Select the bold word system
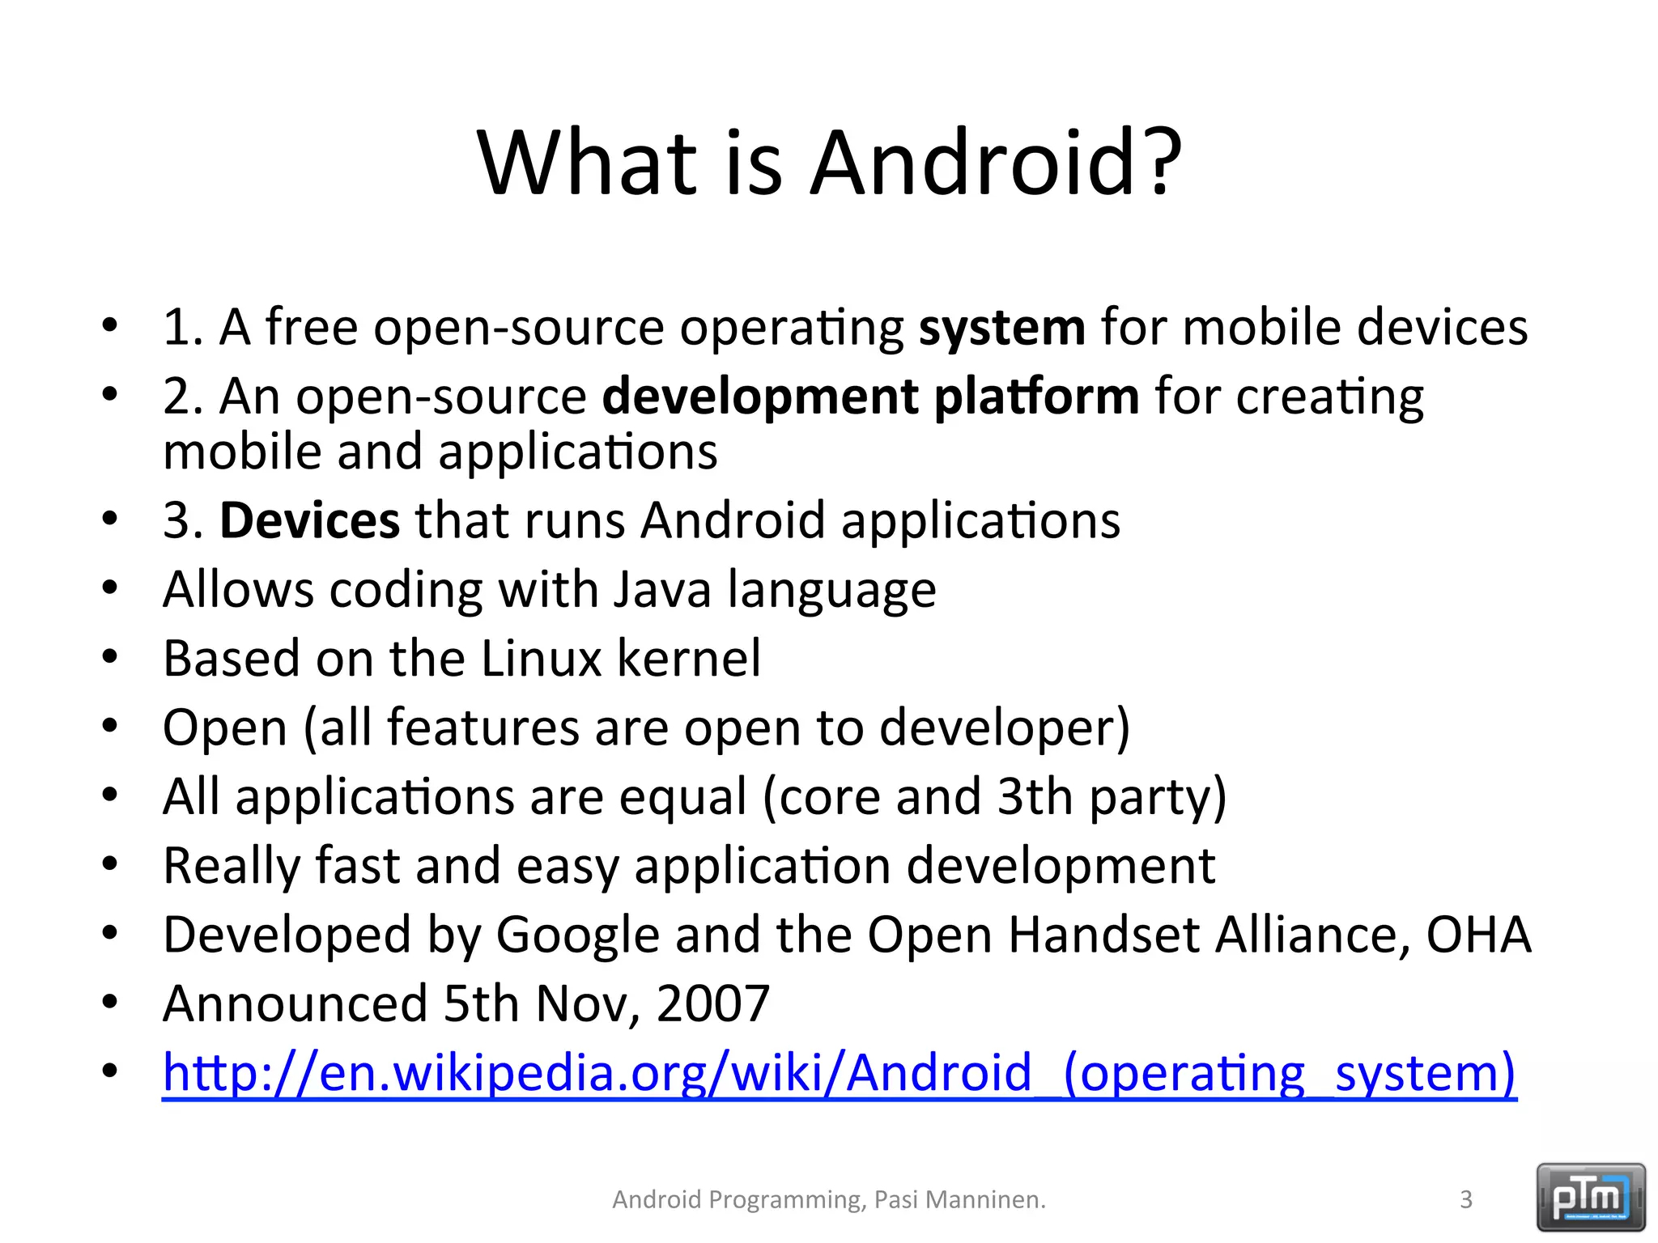(1001, 329)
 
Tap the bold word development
(760, 397)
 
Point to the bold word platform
(1036, 397)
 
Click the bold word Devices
(309, 520)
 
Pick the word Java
(661, 589)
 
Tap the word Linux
(541, 658)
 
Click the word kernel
(689, 658)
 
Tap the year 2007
(712, 1004)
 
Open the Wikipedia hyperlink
(839, 1074)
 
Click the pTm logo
(1590, 1197)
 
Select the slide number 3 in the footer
(1465, 1199)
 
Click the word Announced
(295, 1004)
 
